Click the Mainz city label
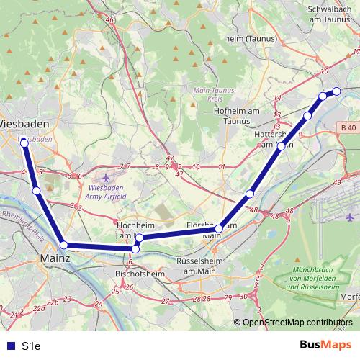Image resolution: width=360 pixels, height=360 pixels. click(x=55, y=256)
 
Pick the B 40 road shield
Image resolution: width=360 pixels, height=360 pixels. click(x=348, y=128)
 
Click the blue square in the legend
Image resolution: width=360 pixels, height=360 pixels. click(x=9, y=346)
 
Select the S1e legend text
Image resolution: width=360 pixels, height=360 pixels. click(x=30, y=346)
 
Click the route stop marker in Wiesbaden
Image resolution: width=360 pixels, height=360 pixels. click(x=24, y=143)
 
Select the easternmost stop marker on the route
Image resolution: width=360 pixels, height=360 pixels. click(x=336, y=91)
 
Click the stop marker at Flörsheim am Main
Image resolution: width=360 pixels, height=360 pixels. click(x=219, y=229)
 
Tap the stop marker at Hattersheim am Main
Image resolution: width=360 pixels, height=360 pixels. click(x=281, y=146)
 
